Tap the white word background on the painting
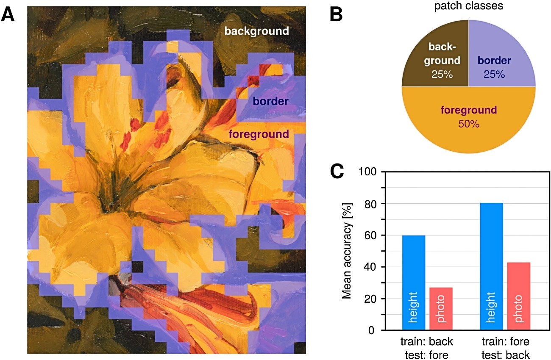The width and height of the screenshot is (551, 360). pyautogui.click(x=256, y=31)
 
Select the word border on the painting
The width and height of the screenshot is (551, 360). pyautogui.click(x=270, y=101)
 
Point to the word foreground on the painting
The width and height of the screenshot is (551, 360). pyautogui.click(x=259, y=134)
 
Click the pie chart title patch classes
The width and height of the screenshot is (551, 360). pyautogui.click(x=469, y=6)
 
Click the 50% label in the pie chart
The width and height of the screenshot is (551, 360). pyautogui.click(x=469, y=124)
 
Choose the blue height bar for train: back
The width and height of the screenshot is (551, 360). pyautogui.click(x=414, y=282)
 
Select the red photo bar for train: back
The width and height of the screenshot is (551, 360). pyautogui.click(x=441, y=309)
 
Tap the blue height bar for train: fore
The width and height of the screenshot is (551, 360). pyautogui.click(x=492, y=266)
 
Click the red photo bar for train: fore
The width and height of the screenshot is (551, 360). pyautogui.click(x=519, y=296)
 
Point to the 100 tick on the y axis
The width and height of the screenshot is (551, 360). pyautogui.click(x=368, y=172)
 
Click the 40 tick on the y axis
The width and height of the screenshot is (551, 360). pyautogui.click(x=370, y=267)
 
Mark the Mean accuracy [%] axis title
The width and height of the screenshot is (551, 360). pyautogui.click(x=347, y=251)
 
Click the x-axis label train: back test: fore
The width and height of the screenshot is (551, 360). pyautogui.click(x=427, y=348)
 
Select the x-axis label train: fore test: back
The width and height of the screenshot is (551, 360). pyautogui.click(x=506, y=348)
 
